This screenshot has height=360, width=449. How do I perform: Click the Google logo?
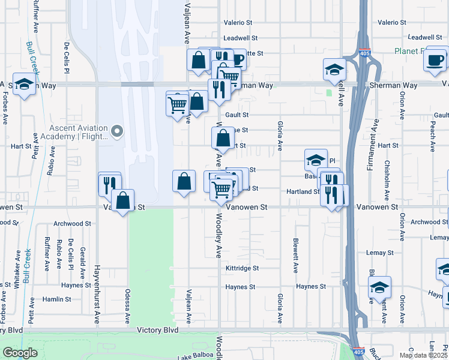pyautogui.click(x=20, y=353)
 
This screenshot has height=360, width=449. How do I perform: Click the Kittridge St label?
pyautogui.click(x=242, y=268)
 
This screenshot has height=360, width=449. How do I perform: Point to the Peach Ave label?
pyautogui.click(x=432, y=138)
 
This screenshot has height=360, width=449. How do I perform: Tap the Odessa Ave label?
pyautogui.click(x=127, y=307)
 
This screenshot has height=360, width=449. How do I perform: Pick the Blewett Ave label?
pyautogui.click(x=295, y=254)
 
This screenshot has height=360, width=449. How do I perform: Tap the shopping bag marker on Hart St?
pyautogui.click(x=223, y=138)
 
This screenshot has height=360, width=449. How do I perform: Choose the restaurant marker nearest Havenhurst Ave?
pyautogui.click(x=109, y=184)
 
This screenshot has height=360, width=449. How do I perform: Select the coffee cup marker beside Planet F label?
pyautogui.click(x=435, y=59)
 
